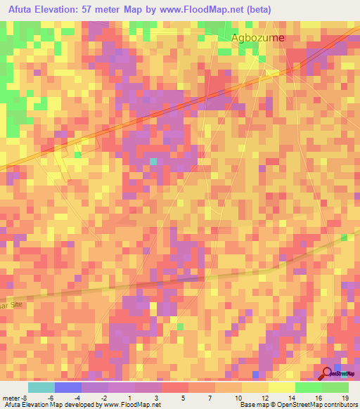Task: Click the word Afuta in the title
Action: tap(22, 9)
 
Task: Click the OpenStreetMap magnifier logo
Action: tap(328, 373)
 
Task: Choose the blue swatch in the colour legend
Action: tap(67, 387)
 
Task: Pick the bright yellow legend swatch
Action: tap(281, 387)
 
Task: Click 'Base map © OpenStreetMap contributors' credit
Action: tap(297, 405)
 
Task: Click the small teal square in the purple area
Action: tap(153, 162)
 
